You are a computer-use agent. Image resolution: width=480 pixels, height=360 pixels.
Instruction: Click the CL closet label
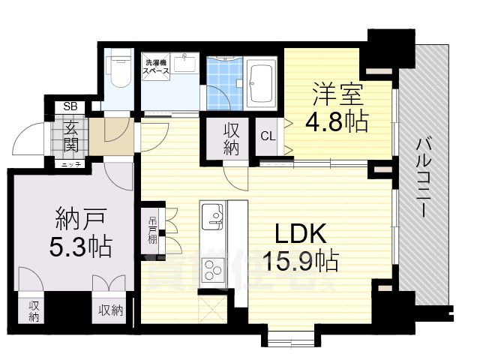(268, 136)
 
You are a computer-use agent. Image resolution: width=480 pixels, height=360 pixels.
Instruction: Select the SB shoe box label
(70, 106)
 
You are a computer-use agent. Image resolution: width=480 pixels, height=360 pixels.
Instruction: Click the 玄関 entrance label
(71, 134)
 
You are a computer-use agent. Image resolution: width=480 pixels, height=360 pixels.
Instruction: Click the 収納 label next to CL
(231, 138)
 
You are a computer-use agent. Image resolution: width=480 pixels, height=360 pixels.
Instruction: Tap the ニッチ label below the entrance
(71, 163)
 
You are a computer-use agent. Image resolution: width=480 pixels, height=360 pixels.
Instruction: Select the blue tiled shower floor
(223, 82)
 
